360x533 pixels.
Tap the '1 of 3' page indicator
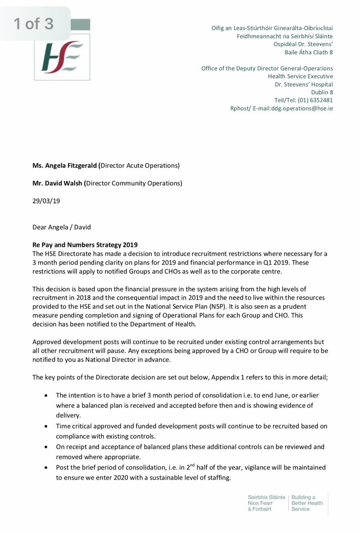coord(34,24)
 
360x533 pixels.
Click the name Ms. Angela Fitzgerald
coord(65,166)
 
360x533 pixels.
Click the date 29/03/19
coord(46,200)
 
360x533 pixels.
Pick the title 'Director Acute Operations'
coord(139,166)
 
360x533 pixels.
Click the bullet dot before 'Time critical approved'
coord(47,426)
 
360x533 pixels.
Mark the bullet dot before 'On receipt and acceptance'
coord(47,447)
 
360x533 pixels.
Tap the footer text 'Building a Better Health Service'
coord(307,503)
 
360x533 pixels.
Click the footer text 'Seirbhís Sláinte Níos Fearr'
coord(267,500)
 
